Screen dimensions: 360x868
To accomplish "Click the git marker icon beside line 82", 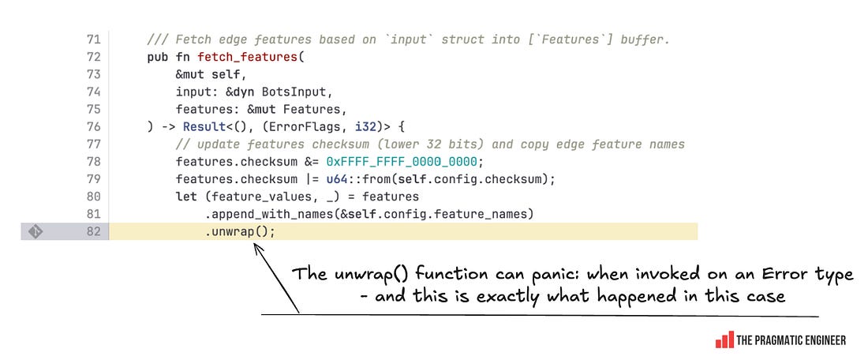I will coord(35,231).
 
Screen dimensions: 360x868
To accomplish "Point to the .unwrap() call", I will coord(240,231).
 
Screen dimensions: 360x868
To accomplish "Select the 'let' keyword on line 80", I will coord(185,196).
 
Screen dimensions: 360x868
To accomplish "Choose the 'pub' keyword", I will coord(157,57).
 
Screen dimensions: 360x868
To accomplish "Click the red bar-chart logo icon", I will coord(724,339).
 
